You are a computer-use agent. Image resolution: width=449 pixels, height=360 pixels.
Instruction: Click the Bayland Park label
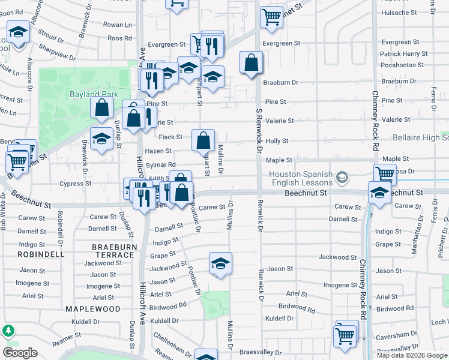tap(94, 94)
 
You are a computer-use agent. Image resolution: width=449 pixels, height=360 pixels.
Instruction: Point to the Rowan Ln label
tap(118, 25)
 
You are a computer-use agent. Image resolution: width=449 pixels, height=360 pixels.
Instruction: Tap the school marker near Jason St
tap(220, 263)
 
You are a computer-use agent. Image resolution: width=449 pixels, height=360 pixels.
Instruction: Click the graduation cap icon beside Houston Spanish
tap(342, 176)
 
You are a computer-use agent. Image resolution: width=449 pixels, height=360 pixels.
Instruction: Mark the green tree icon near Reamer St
tap(8, 331)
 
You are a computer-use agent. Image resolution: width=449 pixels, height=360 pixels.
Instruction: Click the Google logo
tap(20, 353)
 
